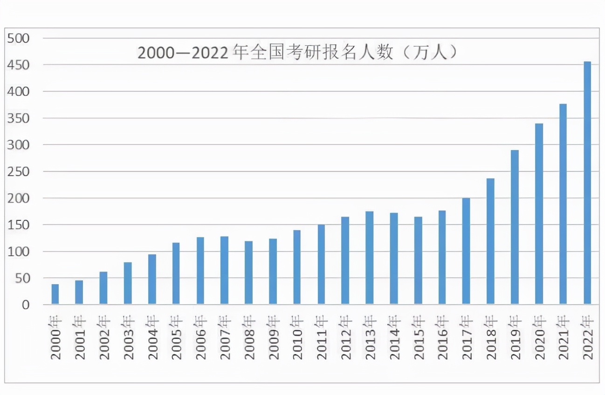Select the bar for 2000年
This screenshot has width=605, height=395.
click(x=55, y=294)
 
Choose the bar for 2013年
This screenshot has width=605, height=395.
click(x=370, y=258)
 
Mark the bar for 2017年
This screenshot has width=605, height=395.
click(x=466, y=252)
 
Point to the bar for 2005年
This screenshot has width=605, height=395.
click(x=176, y=273)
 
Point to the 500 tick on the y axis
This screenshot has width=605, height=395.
click(x=19, y=38)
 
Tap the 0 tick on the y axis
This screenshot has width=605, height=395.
click(x=25, y=305)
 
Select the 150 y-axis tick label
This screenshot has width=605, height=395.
click(x=19, y=225)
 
